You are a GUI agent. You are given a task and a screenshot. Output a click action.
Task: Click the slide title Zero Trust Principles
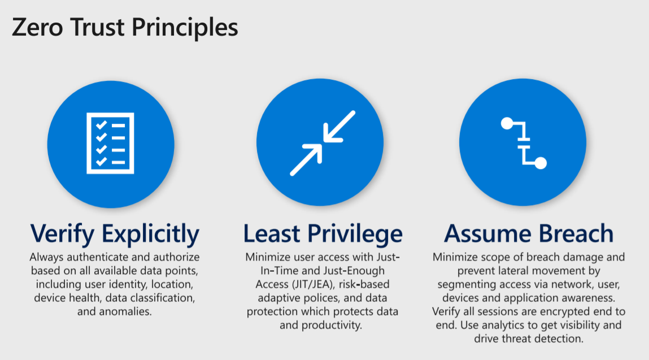[125, 28]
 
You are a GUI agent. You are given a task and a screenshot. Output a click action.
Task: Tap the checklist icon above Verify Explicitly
[110, 144]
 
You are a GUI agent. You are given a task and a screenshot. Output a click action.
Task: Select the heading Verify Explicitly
[115, 233]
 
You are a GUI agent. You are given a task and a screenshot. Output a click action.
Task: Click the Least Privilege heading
[323, 233]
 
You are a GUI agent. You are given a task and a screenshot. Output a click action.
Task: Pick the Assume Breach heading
[529, 233]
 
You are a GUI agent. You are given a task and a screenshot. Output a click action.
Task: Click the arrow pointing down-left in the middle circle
[339, 127]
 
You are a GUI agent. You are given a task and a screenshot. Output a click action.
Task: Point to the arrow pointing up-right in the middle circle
[306, 160]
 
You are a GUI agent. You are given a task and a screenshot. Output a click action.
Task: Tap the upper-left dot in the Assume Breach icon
[507, 123]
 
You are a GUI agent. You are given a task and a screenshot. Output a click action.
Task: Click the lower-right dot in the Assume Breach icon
[541, 163]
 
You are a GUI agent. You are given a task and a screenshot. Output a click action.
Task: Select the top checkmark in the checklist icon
[102, 124]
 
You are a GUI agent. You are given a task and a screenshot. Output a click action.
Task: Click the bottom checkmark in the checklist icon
[102, 162]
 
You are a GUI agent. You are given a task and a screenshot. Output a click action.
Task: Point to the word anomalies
[127, 311]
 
